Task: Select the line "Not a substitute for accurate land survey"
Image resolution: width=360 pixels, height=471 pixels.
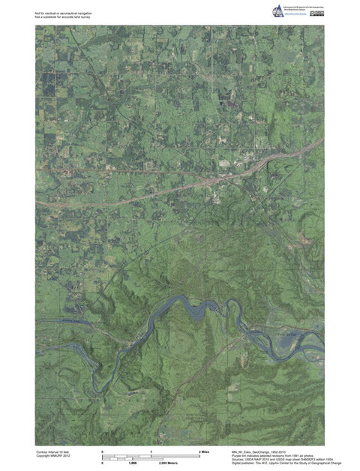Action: [x=62, y=16]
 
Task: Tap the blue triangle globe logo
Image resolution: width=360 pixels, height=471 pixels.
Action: [x=277, y=10]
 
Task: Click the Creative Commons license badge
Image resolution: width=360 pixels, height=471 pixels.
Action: [x=317, y=13]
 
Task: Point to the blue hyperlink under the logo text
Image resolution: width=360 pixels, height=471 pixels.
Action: [x=295, y=16]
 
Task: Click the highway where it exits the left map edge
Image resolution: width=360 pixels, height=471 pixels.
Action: [x=37, y=202]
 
